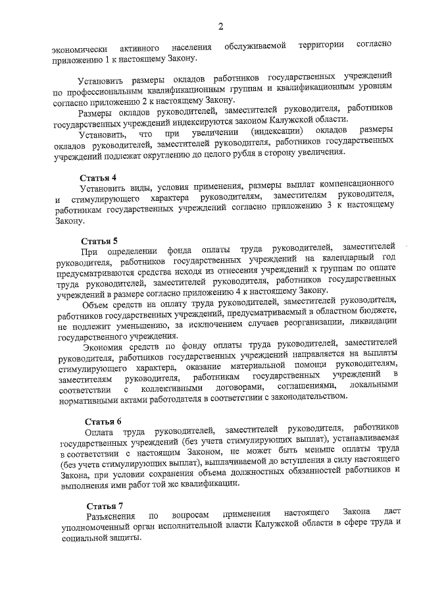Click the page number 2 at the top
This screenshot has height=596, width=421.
coord(221,26)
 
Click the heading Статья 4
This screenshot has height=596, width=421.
coord(98,178)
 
